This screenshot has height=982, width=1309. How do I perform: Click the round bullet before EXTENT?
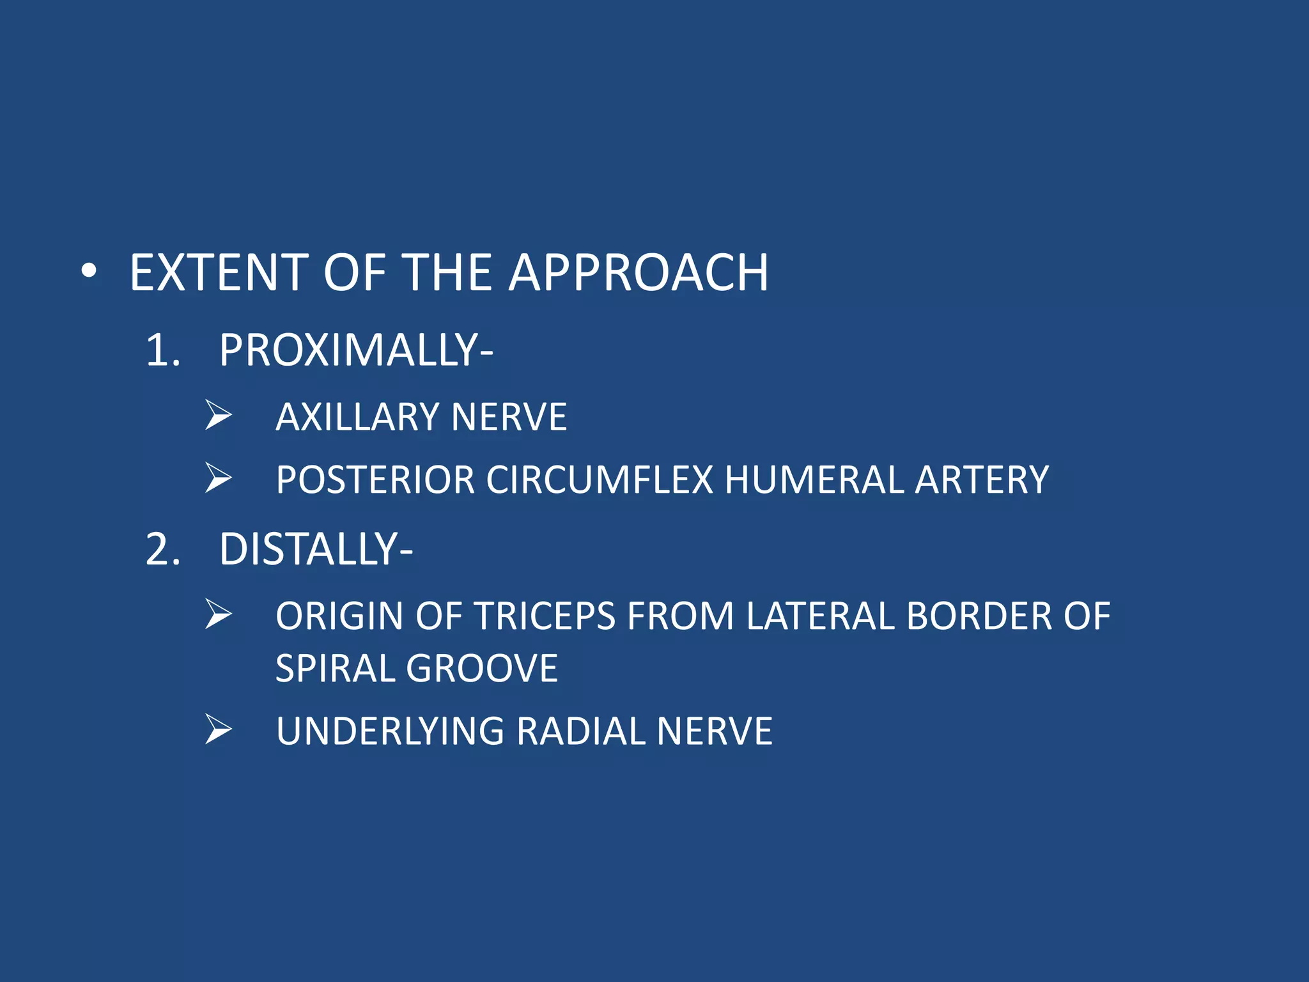click(x=89, y=272)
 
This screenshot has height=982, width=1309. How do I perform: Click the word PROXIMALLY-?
click(x=355, y=351)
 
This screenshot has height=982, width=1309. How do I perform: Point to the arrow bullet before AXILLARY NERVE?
click(x=219, y=416)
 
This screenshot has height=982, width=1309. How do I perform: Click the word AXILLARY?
click(x=357, y=417)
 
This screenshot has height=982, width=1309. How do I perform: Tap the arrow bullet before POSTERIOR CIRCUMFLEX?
click(x=219, y=478)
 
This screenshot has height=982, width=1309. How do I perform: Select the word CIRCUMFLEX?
click(x=600, y=480)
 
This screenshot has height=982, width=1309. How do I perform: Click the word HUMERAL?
click(x=814, y=480)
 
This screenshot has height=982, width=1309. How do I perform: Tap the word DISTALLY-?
click(x=316, y=550)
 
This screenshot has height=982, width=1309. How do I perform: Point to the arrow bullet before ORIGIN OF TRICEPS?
click(x=219, y=614)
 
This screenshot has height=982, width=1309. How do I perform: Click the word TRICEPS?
click(x=544, y=617)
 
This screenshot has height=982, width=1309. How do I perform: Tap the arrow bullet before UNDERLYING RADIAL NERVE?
click(x=219, y=729)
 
